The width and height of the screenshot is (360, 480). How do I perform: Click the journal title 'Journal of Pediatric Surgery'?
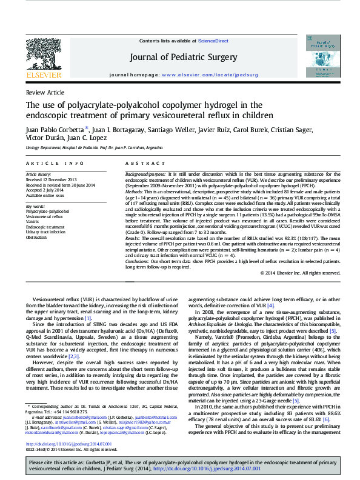[180, 57]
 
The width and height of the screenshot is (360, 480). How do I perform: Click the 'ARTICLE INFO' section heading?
[55, 164]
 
